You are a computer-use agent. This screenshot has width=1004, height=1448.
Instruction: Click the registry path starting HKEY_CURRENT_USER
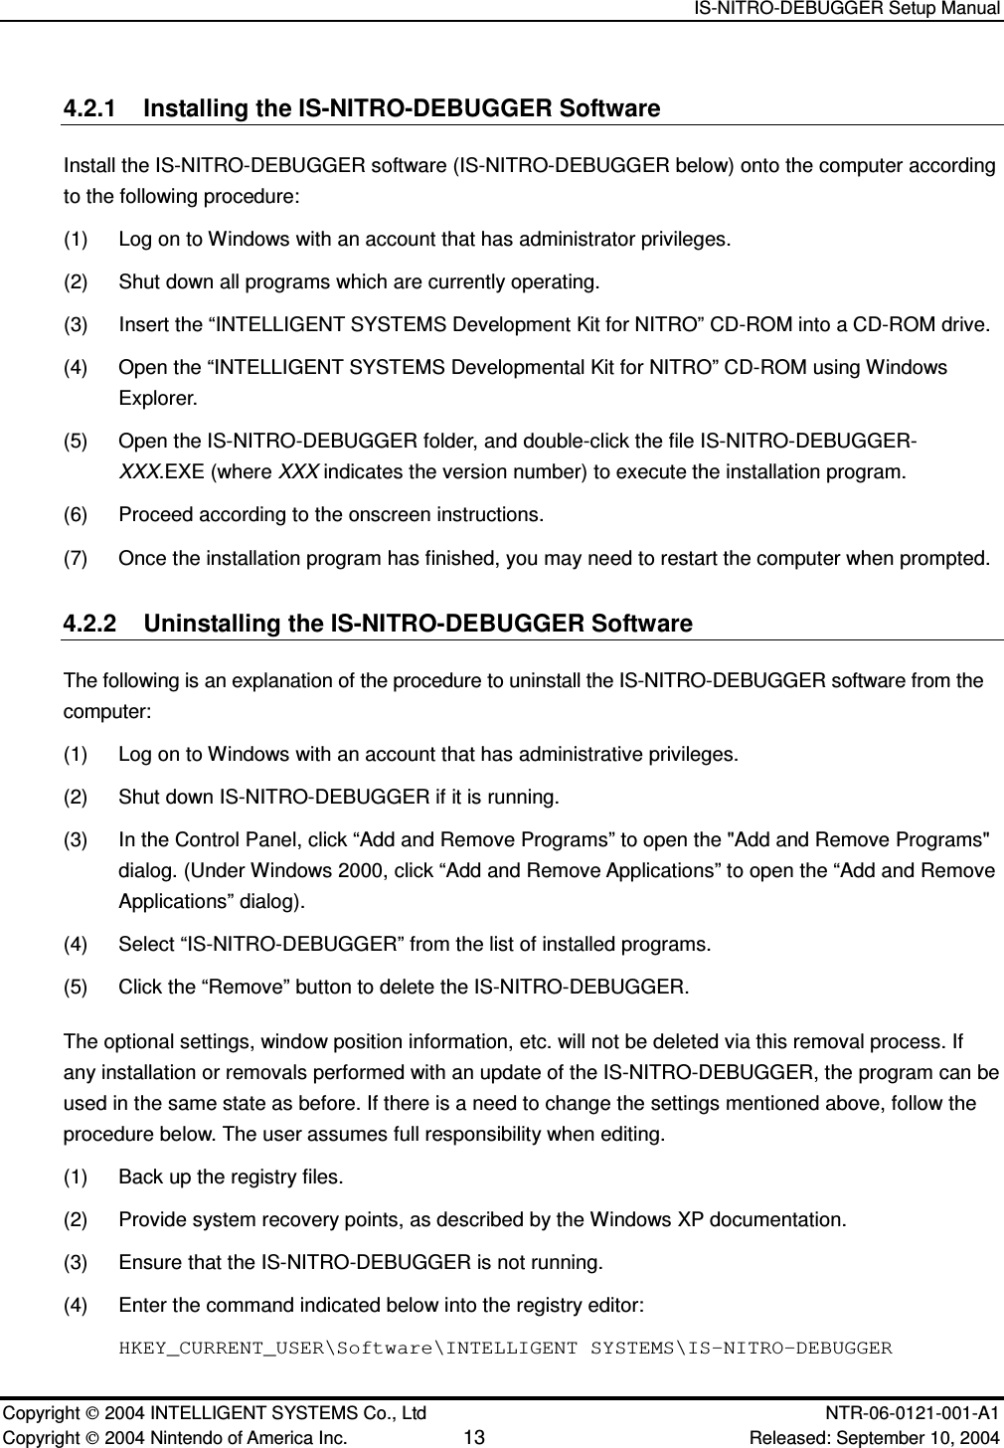tap(505, 1349)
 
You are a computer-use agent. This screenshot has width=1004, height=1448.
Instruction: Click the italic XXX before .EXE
tap(134, 471)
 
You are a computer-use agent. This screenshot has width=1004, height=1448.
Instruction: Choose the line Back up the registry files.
tap(231, 1177)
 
